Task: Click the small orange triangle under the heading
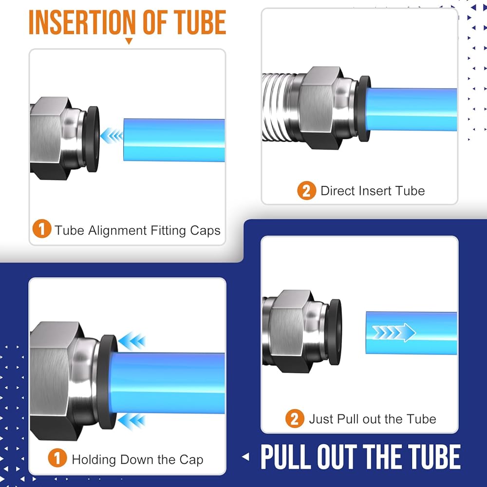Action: tap(129, 41)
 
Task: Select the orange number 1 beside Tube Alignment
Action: tap(41, 228)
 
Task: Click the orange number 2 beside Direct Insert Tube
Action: tap(306, 190)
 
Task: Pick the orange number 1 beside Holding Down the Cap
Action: tap(57, 458)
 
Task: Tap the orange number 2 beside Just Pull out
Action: tap(295, 419)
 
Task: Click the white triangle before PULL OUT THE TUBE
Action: tap(245, 457)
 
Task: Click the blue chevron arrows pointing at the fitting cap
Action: tap(112, 135)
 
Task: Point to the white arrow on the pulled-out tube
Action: tap(394, 332)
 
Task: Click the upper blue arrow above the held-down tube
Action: tap(131, 341)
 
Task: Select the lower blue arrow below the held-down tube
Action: tap(131, 421)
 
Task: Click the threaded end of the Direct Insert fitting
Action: tap(278, 107)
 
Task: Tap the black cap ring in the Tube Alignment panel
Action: tap(92, 139)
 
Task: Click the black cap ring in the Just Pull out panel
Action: tap(335, 332)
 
